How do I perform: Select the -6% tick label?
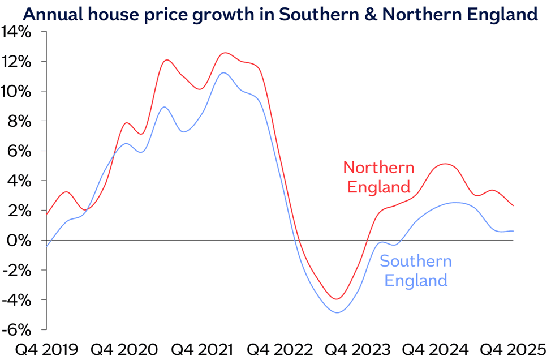19,329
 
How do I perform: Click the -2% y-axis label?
19,270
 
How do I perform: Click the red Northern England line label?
378,177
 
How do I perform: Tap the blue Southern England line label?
416,271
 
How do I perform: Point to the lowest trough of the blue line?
338,312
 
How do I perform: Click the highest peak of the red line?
225,53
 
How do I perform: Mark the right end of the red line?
513,205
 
